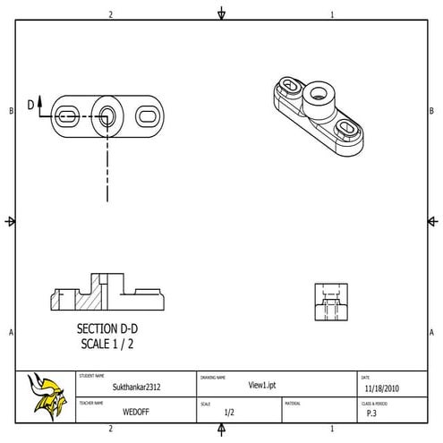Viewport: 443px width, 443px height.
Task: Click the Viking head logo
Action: (x=47, y=396)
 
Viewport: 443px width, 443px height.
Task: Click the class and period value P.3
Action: (x=371, y=413)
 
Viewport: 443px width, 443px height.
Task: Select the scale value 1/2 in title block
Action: (x=229, y=413)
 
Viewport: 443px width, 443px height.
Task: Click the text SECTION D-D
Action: (x=107, y=328)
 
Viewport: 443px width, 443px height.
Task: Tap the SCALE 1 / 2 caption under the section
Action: (x=108, y=343)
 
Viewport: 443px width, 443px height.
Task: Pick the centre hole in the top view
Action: (x=107, y=115)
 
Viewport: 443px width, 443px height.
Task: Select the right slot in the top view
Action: (x=148, y=115)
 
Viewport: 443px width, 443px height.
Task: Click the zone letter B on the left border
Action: (x=11, y=111)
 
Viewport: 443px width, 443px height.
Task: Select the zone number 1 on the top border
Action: (x=332, y=14)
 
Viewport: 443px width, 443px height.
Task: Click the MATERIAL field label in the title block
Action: (x=293, y=404)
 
